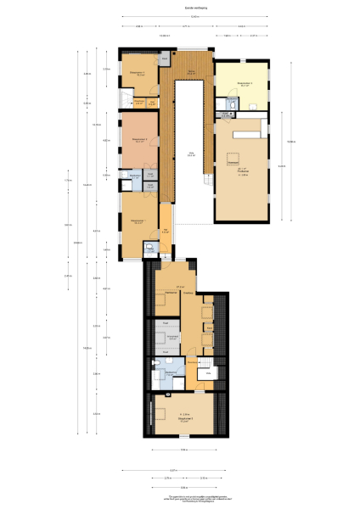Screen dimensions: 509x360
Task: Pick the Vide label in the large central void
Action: (x=192, y=155)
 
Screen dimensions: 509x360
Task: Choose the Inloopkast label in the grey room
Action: (x=172, y=338)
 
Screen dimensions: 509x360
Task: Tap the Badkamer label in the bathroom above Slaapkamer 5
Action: (x=171, y=372)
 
